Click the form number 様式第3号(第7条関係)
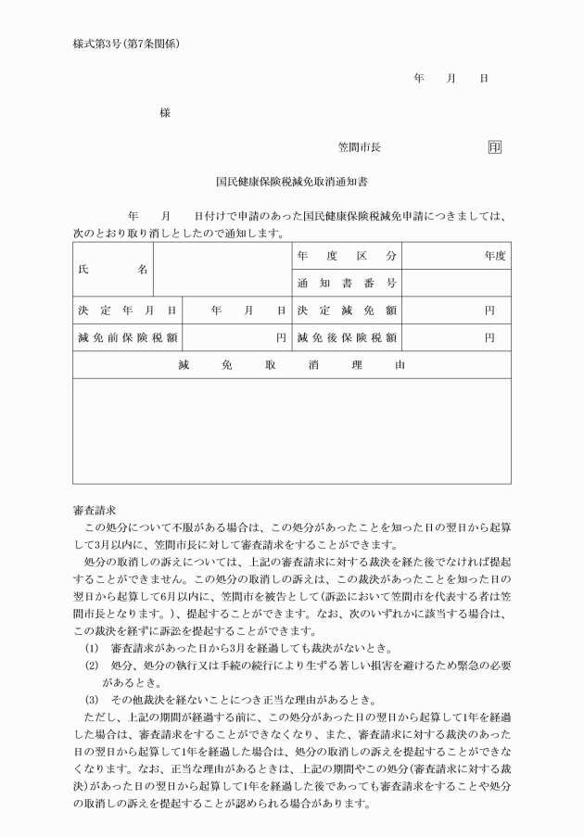coord(125,44)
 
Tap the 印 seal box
coord(494,147)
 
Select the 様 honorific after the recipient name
coord(164,113)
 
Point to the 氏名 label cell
coord(113,270)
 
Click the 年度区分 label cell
coord(347,256)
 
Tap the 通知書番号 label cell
coord(347,283)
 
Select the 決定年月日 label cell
coord(127,311)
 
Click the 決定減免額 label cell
coord(347,311)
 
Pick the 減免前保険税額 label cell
coord(127,337)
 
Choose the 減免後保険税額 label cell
coord(347,337)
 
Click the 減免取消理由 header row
coord(291,365)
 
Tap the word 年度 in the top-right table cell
coord(494,256)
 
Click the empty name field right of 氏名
coord(222,270)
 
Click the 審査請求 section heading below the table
coord(94,510)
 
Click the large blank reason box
coord(291,431)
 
